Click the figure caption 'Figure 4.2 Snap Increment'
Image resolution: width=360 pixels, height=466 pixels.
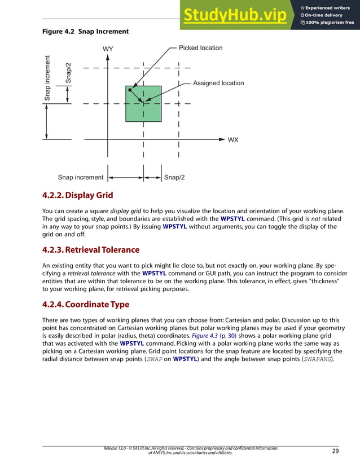[85, 32]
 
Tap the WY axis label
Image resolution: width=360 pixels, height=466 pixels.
[108, 49]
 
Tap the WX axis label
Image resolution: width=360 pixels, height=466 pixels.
[233, 139]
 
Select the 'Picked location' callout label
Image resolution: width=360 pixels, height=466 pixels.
[200, 48]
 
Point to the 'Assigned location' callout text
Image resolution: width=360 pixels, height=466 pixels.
[218, 83]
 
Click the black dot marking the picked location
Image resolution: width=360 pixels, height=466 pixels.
[130, 90]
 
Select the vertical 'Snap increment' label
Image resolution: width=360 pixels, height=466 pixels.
[48, 78]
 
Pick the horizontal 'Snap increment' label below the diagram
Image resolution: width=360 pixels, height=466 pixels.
[81, 177]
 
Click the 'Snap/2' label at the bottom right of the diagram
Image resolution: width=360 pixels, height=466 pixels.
[174, 177]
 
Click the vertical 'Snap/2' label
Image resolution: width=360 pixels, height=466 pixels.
[68, 72]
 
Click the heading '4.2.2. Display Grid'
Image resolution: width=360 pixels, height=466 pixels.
[78, 196]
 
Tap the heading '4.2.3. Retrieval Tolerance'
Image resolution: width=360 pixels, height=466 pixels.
[91, 249]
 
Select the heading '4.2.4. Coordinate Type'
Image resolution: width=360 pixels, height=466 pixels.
[86, 304]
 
